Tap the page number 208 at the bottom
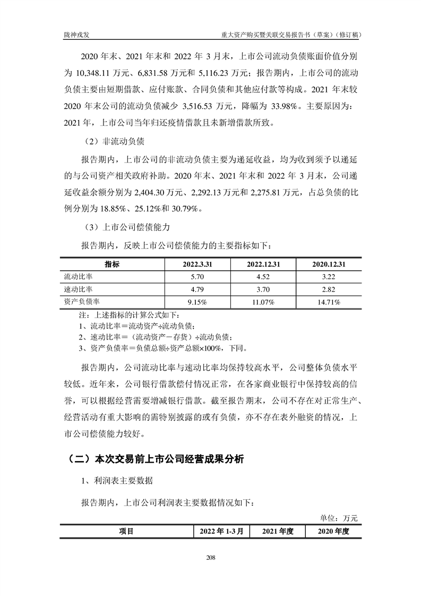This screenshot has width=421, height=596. coord(210,557)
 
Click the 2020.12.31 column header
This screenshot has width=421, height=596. coord(329,265)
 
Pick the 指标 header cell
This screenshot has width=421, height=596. coord(112,265)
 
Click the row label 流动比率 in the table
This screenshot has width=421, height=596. coord(78,277)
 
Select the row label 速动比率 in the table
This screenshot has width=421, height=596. coord(78,290)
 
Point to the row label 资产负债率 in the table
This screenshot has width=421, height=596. coord(82,302)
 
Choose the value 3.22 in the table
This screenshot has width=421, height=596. coord(329,277)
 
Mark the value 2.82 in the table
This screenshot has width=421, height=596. coord(329,290)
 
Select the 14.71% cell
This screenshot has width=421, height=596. coord(329,302)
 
